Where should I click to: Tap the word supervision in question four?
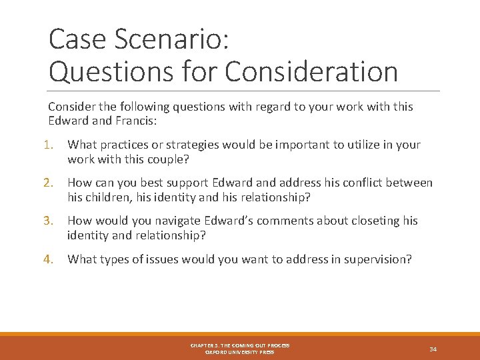click(x=378, y=259)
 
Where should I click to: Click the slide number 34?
click(x=433, y=349)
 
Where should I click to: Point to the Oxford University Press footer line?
click(x=239, y=352)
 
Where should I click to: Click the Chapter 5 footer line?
click(x=239, y=345)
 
